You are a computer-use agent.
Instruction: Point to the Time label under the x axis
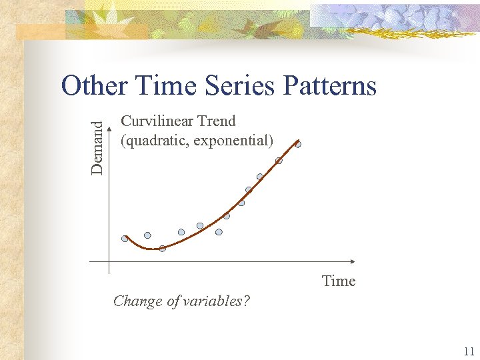coord(338,281)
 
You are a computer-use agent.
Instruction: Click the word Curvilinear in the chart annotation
coord(155,121)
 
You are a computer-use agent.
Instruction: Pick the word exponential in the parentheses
coord(233,141)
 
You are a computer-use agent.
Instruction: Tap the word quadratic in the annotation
coord(153,141)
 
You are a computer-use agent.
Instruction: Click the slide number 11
coord(468,351)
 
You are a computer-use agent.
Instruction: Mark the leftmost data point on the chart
coord(125,239)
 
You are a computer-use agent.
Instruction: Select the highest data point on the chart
coord(298,144)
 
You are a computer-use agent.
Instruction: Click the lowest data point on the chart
coord(162,249)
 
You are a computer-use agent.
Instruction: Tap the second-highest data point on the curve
coord(279,161)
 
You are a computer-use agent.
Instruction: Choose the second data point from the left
coord(147,235)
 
